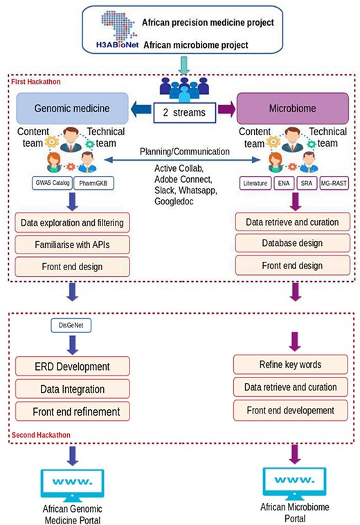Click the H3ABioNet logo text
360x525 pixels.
(117, 45)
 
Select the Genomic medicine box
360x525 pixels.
(72, 108)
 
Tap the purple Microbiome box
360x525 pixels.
(293, 108)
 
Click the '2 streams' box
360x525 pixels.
(184, 112)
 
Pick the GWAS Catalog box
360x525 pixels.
(52, 183)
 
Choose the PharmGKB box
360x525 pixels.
(93, 183)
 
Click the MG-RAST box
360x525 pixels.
(334, 183)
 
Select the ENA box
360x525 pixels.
(284, 183)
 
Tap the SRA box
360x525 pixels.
(307, 183)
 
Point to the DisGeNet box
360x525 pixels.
(71, 325)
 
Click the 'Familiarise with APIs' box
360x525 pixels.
(72, 244)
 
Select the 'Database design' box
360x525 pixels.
(292, 242)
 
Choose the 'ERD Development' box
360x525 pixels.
(72, 366)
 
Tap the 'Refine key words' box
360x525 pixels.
(290, 364)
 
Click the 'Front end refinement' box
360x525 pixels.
(72, 411)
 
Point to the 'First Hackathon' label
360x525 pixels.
(36, 82)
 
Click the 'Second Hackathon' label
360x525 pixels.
(41, 435)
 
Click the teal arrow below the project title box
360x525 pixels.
(183, 65)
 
